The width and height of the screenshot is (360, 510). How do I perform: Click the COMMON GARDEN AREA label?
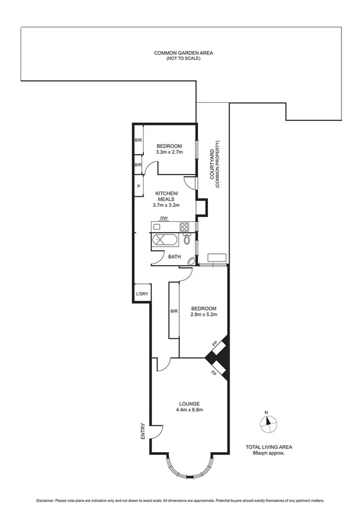pyautogui.click(x=183, y=53)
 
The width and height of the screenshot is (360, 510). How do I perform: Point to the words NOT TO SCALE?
pyautogui.click(x=183, y=58)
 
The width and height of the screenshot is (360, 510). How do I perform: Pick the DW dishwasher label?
pyautogui.click(x=163, y=218)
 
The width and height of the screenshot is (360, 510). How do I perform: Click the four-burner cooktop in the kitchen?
pyautogui.click(x=185, y=227)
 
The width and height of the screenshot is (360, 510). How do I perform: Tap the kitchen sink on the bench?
pyautogui.click(x=157, y=227)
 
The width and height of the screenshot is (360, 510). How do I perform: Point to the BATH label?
pyautogui.click(x=174, y=257)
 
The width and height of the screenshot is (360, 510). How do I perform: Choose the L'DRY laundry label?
pyautogui.click(x=142, y=293)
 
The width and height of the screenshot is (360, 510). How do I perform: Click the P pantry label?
pyautogui.click(x=138, y=186)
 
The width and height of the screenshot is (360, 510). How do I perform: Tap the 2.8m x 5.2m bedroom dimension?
pyautogui.click(x=203, y=314)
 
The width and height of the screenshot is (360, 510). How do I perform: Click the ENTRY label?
pyautogui.click(x=142, y=432)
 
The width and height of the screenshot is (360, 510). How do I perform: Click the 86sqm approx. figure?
pyautogui.click(x=268, y=453)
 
